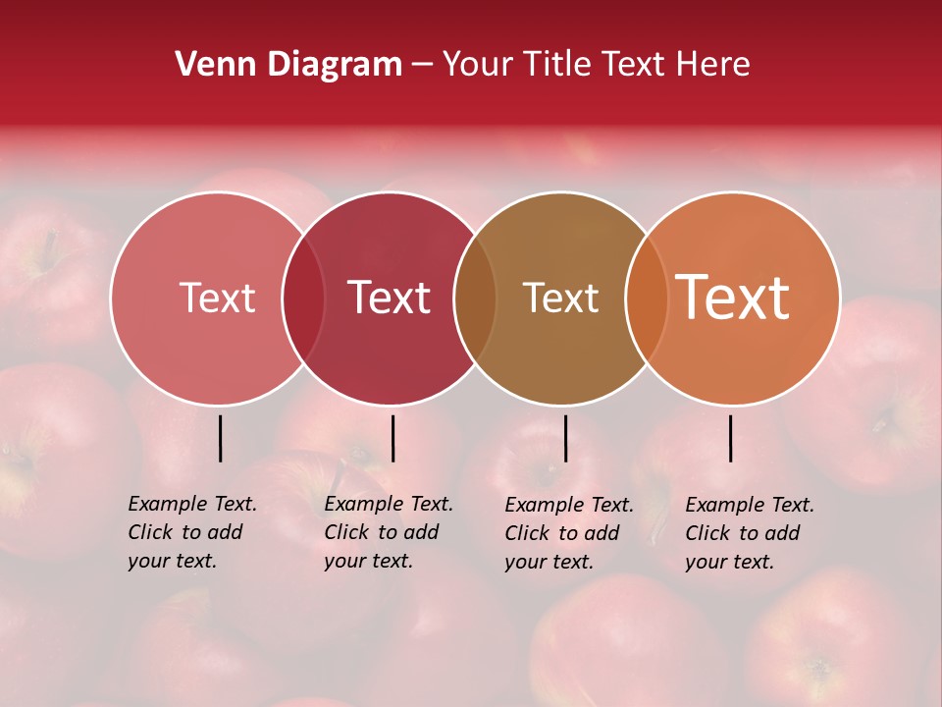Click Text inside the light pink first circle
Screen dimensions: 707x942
tap(217, 298)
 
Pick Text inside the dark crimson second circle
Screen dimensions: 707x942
tap(390, 298)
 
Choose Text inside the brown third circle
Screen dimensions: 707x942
tap(560, 298)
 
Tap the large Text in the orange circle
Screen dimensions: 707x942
tap(733, 298)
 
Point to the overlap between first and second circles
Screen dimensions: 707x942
tap(303, 298)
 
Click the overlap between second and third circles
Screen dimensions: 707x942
tap(475, 298)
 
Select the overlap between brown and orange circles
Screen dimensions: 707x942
tap(647, 298)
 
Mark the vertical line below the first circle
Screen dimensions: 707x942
tap(220, 438)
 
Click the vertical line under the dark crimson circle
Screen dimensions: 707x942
tap(392, 438)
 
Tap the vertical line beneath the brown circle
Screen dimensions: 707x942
tap(565, 438)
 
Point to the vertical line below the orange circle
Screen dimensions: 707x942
tap(730, 438)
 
